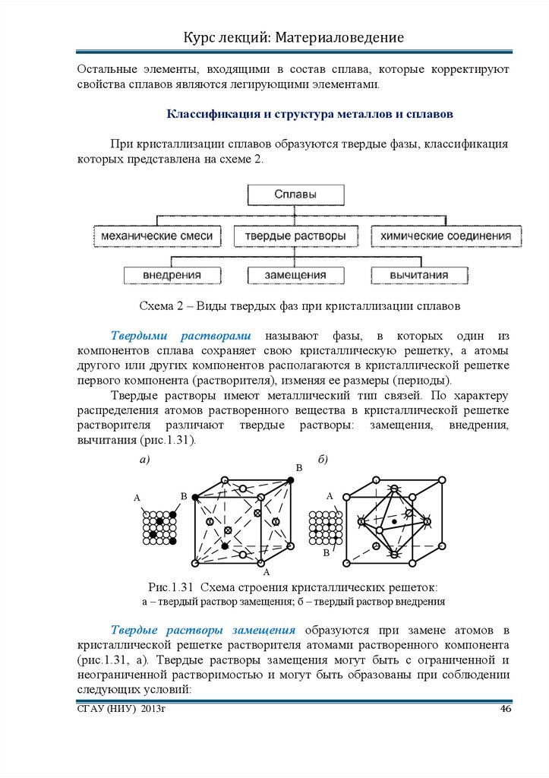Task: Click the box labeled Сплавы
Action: (x=295, y=194)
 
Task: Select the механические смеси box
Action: (x=156, y=236)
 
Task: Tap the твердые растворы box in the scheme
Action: (x=295, y=236)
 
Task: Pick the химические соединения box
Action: (x=445, y=236)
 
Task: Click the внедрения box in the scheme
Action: (x=172, y=275)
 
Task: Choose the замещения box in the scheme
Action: (x=295, y=275)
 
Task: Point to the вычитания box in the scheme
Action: (x=418, y=275)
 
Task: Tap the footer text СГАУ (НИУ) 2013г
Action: (x=121, y=710)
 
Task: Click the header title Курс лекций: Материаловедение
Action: (x=293, y=37)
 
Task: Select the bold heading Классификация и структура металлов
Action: (x=309, y=114)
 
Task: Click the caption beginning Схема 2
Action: (x=300, y=306)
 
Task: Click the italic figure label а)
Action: (x=144, y=460)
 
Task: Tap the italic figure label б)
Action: (x=323, y=460)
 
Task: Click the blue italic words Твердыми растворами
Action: (x=182, y=336)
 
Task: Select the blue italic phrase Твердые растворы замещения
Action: (x=204, y=630)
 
